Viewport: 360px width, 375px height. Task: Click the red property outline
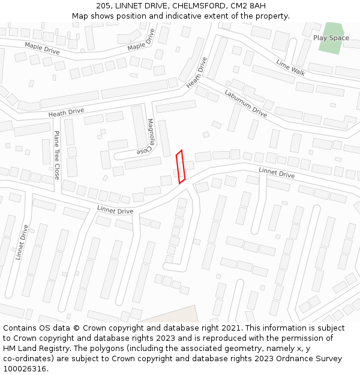[x=180, y=166]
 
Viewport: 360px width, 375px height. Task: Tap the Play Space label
[x=331, y=38]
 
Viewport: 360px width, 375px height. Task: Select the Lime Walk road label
[x=290, y=67]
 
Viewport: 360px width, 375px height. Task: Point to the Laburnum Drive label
[x=245, y=103]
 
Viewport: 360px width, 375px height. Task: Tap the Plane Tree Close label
[x=57, y=155]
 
